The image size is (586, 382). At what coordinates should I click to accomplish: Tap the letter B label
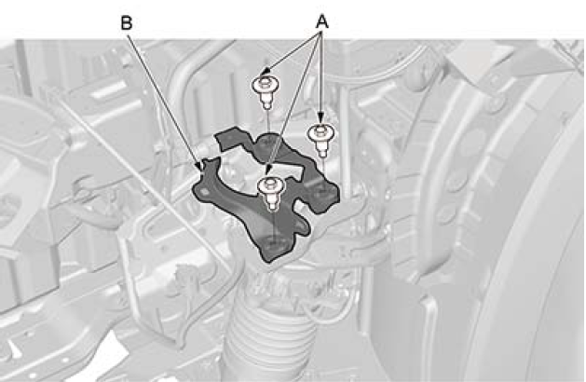pos(127,23)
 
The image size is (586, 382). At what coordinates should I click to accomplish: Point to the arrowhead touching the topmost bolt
pos(266,71)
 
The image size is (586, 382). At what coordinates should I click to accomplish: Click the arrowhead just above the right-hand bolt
pos(320,119)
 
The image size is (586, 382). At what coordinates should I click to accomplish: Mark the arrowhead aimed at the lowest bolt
pos(267,171)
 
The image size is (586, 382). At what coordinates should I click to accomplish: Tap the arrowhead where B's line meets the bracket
pos(198,166)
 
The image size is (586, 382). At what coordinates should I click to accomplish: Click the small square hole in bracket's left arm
pos(205,191)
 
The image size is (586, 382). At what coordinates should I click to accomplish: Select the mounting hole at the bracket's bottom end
pos(275,244)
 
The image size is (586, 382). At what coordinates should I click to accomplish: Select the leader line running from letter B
pos(164,100)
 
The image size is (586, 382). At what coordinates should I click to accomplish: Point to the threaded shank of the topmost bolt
pos(266,101)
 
